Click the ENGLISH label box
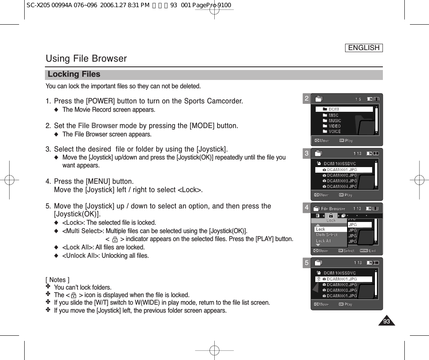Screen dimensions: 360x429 pos(363,48)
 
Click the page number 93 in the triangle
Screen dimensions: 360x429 pos(386,321)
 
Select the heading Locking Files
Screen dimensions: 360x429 pos(74,74)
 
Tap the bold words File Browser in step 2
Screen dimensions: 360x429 pos(98,126)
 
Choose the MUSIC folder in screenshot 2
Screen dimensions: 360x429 pos(334,121)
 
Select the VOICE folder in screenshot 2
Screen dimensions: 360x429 pos(334,131)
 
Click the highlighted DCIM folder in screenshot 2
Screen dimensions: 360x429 pos(333,109)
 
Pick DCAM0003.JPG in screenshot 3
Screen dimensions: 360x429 pos(342,181)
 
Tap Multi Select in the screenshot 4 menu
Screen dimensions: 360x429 pos(327,235)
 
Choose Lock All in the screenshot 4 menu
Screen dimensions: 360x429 pos(323,241)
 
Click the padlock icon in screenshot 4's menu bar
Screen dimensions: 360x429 pos(331,216)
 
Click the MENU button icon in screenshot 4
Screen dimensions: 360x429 pos(363,251)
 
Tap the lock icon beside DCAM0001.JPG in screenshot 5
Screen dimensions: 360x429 pos(319,279)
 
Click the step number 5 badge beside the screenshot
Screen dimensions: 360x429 pos(307,263)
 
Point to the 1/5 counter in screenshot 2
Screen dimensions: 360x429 pos(358,99)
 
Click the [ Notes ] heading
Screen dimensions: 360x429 pos(58,280)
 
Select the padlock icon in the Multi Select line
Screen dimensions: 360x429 pos(115,239)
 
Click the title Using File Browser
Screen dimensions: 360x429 pos(86,58)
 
